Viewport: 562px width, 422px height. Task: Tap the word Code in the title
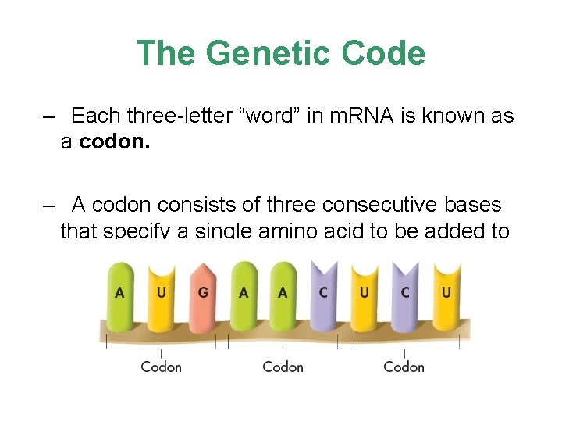click(x=386, y=53)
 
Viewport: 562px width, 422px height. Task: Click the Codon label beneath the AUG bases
click(x=161, y=367)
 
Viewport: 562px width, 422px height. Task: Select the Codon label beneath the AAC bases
click(x=283, y=367)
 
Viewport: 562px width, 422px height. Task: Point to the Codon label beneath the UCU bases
click(x=404, y=367)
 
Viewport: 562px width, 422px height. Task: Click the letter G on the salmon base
click(x=203, y=293)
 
